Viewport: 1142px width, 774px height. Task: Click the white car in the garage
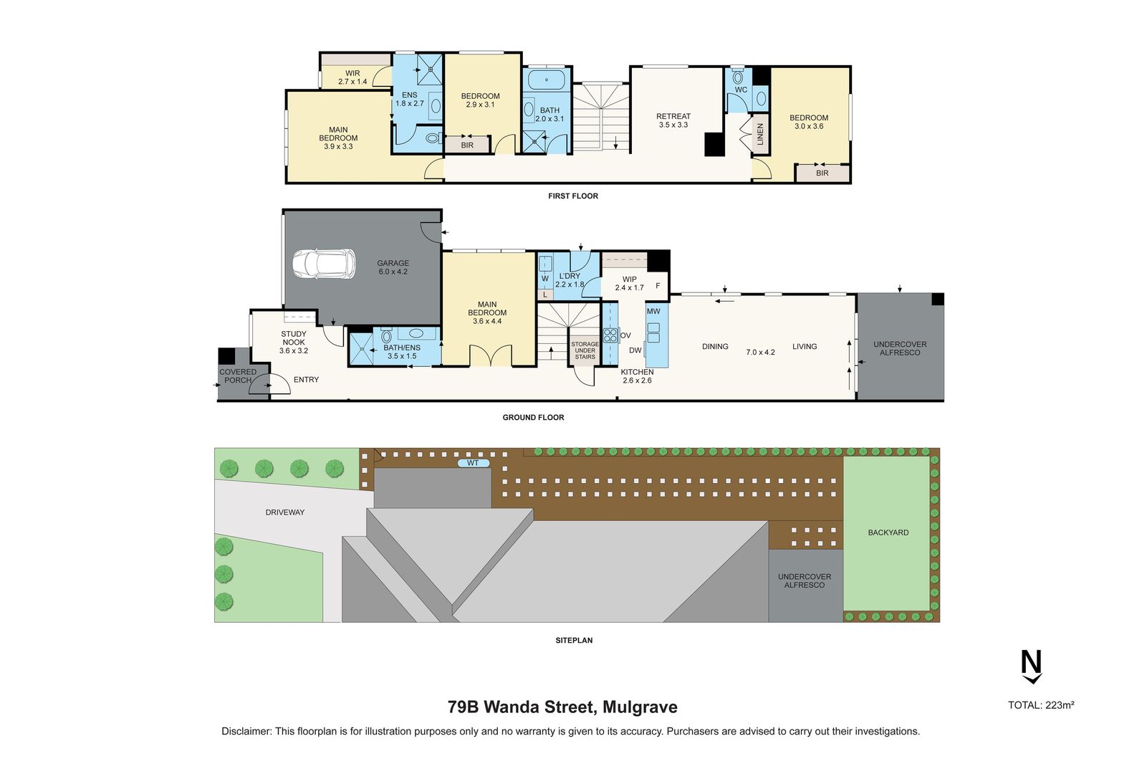[x=323, y=264]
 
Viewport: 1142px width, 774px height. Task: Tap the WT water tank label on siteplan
[x=473, y=463]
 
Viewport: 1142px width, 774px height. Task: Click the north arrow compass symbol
[x=1031, y=666]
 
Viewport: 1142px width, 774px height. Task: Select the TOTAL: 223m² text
[x=1040, y=705]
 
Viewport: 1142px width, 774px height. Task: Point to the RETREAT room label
[x=673, y=120]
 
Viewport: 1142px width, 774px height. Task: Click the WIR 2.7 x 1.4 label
[x=352, y=77]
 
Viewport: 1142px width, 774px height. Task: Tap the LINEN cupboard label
[x=760, y=134]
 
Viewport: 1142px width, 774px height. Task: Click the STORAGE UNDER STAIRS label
[x=585, y=350]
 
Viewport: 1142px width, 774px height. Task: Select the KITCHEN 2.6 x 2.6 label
[x=637, y=376]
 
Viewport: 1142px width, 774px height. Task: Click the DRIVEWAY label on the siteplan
[x=285, y=512]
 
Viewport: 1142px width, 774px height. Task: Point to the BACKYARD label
[x=888, y=532]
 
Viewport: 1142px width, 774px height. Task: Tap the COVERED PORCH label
[x=238, y=376]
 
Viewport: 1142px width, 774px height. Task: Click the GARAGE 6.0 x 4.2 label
[x=393, y=267]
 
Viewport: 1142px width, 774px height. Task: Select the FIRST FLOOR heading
[x=572, y=196]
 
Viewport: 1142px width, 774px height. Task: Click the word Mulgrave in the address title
[x=640, y=707]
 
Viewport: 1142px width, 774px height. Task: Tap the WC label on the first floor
[x=741, y=90]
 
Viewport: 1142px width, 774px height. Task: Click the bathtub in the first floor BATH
[x=547, y=80]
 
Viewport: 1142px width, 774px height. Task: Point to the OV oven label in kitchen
[x=625, y=335]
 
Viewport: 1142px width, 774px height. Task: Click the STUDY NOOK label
[x=294, y=342]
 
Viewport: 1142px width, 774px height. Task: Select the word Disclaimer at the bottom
[x=246, y=732]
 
